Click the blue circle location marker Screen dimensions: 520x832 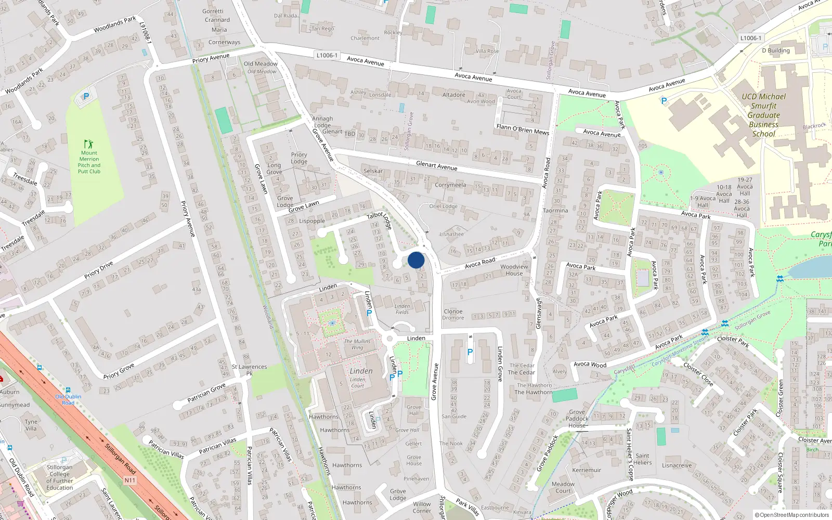click(x=416, y=260)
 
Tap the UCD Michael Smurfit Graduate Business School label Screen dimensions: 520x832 click(x=763, y=115)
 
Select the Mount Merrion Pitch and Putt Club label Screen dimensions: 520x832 click(x=89, y=162)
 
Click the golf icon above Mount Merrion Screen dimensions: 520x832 click(x=88, y=144)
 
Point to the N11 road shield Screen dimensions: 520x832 click(x=129, y=480)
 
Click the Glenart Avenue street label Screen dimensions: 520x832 click(x=436, y=165)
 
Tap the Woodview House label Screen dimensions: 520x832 click(x=514, y=270)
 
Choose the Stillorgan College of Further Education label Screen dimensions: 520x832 click(x=59, y=477)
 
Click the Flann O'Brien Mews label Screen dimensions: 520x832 click(x=523, y=129)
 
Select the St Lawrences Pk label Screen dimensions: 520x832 click(x=249, y=370)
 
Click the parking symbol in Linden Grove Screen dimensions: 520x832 click(x=470, y=352)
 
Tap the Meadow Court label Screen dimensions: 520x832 click(x=563, y=487)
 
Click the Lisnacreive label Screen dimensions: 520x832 click(x=677, y=465)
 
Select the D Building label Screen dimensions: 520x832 click(x=775, y=50)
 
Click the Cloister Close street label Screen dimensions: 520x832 click(x=698, y=374)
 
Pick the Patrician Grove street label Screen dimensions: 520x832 click(x=206, y=392)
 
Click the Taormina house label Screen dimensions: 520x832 click(x=555, y=211)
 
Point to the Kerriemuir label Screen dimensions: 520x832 click(x=587, y=470)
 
